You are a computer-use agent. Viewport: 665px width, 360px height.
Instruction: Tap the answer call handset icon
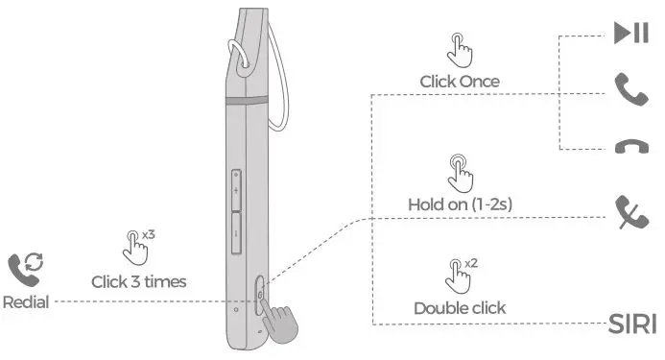click(x=631, y=89)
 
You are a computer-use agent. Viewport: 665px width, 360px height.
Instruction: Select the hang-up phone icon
click(x=631, y=147)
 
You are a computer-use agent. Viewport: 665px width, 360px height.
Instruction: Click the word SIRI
click(x=632, y=324)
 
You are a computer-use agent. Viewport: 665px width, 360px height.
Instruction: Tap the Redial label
click(x=26, y=301)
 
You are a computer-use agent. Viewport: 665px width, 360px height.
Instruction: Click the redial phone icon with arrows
click(x=26, y=267)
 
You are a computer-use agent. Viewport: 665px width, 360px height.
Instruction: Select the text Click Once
click(x=460, y=82)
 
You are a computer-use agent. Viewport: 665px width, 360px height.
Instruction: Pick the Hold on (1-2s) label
click(x=459, y=204)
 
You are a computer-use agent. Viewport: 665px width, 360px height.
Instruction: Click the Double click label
click(x=460, y=308)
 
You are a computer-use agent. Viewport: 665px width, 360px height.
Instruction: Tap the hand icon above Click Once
click(x=459, y=49)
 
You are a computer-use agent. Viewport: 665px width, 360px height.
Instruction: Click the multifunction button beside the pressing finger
click(x=262, y=294)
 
